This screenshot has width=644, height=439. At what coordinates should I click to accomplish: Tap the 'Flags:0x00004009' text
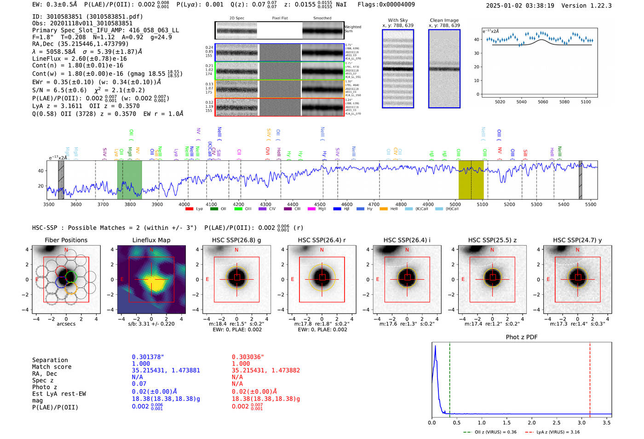coord(386,4)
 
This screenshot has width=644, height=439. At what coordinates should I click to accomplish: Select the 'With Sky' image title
coord(397,20)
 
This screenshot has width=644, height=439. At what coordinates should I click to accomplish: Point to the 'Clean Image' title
coord(444,20)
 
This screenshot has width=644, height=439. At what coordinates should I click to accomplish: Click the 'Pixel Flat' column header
coord(280,18)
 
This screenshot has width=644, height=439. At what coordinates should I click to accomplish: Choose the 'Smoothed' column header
coord(322,18)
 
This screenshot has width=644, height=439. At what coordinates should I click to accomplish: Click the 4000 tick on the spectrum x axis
coord(184,204)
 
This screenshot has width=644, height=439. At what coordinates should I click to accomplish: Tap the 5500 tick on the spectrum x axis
coord(591,204)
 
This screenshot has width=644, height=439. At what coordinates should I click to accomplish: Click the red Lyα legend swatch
coord(189,209)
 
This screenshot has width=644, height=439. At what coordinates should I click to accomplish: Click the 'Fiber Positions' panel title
coord(66,240)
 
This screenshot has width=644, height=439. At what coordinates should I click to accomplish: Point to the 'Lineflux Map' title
coord(151,240)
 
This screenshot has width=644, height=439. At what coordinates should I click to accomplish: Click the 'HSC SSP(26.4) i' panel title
coord(407,240)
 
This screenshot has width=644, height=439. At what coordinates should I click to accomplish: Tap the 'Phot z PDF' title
coord(521,337)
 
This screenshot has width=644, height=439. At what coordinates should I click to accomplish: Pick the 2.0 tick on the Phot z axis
coord(531,422)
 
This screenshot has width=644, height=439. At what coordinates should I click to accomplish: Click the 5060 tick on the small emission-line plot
coord(543,102)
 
